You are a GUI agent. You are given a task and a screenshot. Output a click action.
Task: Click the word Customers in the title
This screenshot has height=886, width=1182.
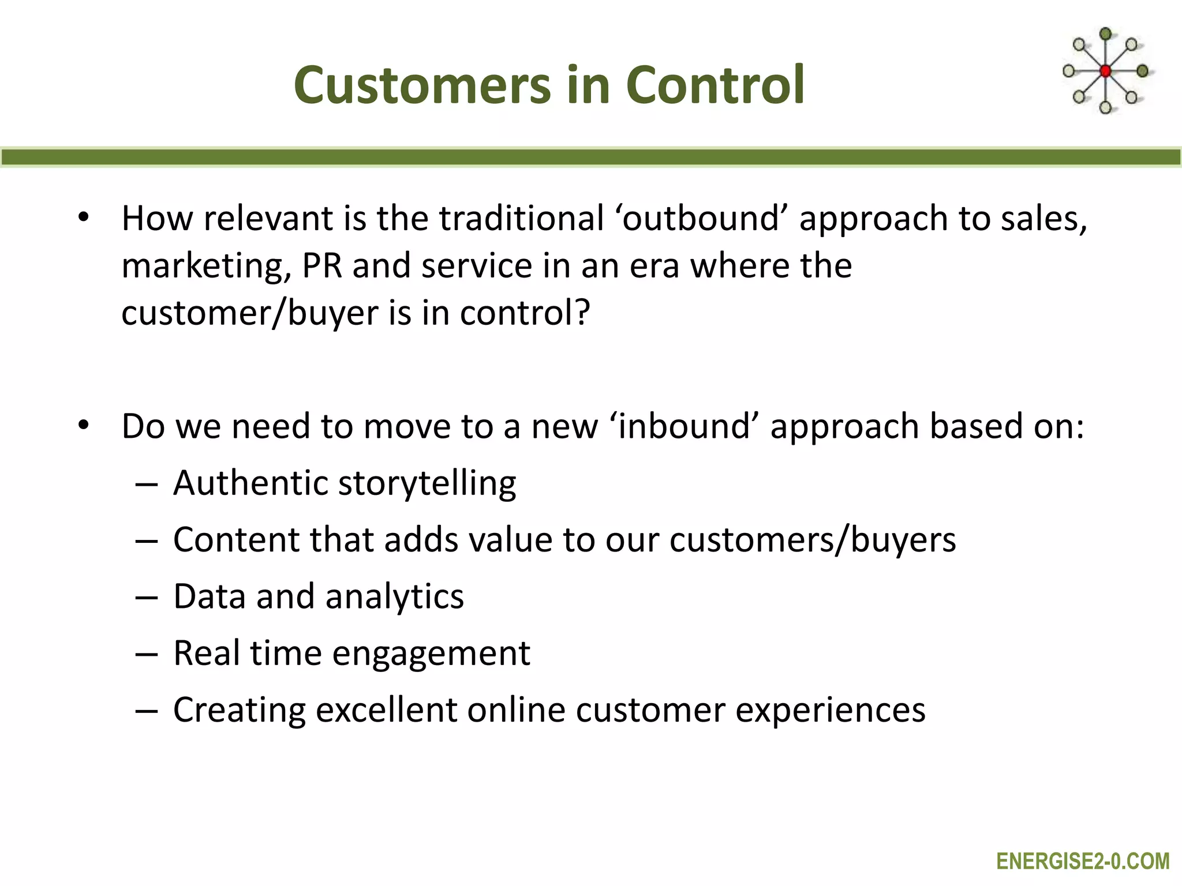point(423,85)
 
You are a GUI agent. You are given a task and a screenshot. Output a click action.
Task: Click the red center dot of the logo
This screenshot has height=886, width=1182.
point(1105,72)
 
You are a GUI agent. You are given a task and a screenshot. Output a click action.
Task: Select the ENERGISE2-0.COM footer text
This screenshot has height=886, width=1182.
point(1083,861)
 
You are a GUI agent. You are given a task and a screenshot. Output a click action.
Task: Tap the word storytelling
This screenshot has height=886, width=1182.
point(427,483)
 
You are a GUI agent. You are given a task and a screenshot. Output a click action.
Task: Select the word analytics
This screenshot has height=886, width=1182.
point(394,596)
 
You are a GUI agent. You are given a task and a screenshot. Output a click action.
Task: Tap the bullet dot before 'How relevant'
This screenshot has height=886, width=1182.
point(84,217)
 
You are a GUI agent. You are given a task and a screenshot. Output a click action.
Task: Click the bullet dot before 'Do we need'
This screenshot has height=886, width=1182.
point(84,425)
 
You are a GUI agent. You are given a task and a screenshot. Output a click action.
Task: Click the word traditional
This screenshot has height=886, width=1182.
point(521,219)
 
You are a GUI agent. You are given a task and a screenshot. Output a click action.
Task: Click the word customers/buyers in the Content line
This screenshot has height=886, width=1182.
point(812,540)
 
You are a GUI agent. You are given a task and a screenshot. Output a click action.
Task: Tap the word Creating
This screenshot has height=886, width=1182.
point(239,710)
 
